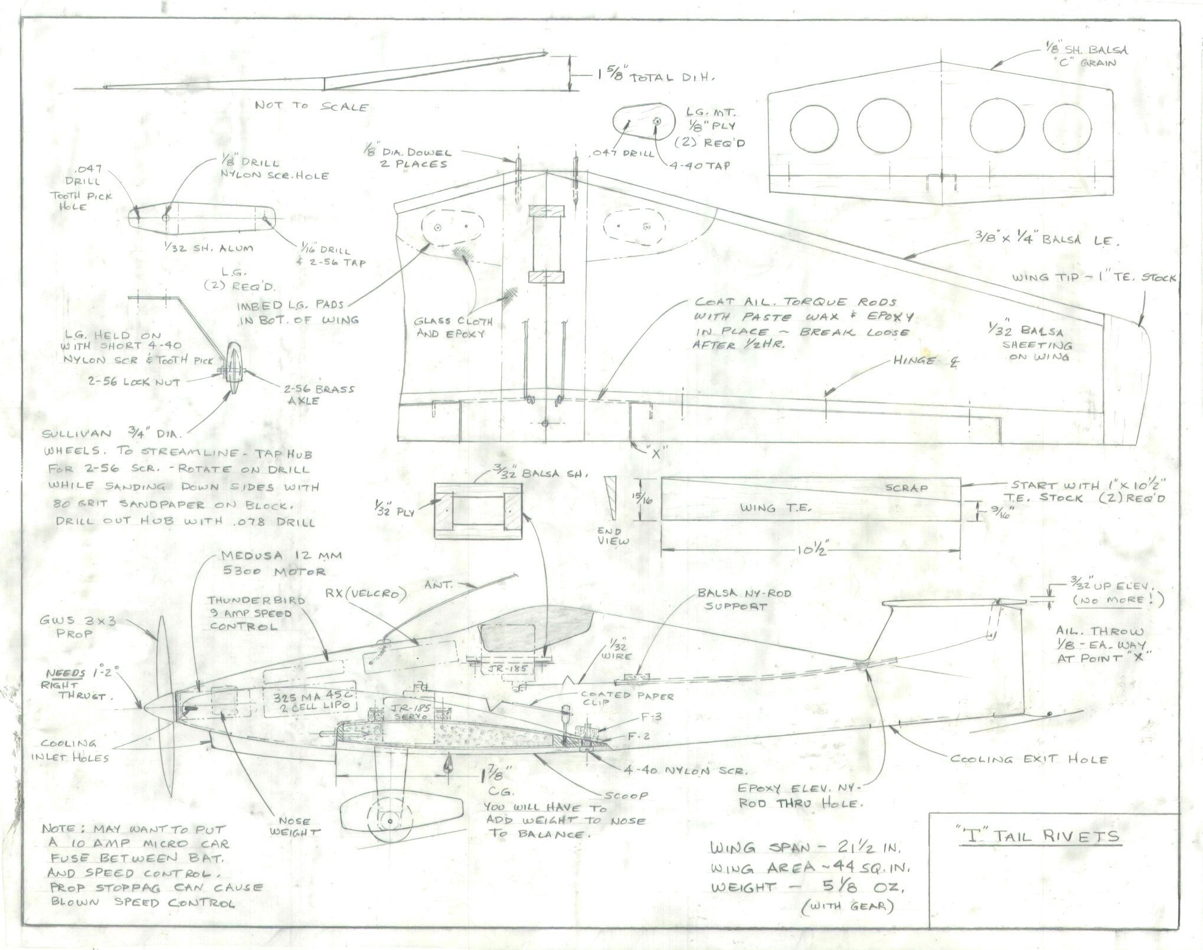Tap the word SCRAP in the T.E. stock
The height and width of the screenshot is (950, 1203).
(x=906, y=488)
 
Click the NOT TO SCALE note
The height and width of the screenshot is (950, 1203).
(x=311, y=106)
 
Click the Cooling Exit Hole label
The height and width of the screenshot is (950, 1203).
(x=1028, y=759)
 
